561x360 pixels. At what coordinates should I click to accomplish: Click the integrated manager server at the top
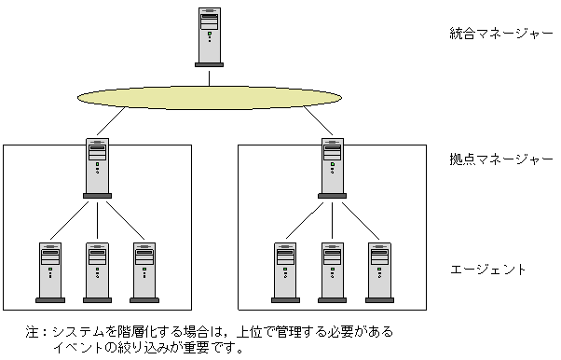click(210, 37)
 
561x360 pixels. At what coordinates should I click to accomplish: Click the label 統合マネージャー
click(501, 34)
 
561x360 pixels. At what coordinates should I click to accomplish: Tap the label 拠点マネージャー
click(501, 159)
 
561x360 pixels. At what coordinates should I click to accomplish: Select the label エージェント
click(487, 270)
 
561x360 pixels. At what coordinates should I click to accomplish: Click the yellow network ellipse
click(210, 97)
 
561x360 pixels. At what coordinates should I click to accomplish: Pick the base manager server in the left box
click(97, 168)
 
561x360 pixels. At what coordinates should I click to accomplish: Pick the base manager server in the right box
click(333, 168)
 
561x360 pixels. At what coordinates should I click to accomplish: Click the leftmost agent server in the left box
click(50, 272)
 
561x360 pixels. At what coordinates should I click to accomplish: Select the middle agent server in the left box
click(97, 272)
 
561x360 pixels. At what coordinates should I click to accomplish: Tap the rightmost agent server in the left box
click(144, 272)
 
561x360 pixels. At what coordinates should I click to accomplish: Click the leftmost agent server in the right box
click(285, 272)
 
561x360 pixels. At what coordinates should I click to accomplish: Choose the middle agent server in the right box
click(333, 272)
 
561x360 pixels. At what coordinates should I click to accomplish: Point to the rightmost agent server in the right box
click(379, 272)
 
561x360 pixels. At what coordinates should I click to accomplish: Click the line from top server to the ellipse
click(210, 78)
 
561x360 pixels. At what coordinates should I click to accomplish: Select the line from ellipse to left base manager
click(111, 121)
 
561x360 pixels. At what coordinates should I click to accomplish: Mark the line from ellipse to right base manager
click(319, 120)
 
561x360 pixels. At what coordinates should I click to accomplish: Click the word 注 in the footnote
click(33, 332)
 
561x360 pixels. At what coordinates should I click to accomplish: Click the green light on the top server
click(210, 34)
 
